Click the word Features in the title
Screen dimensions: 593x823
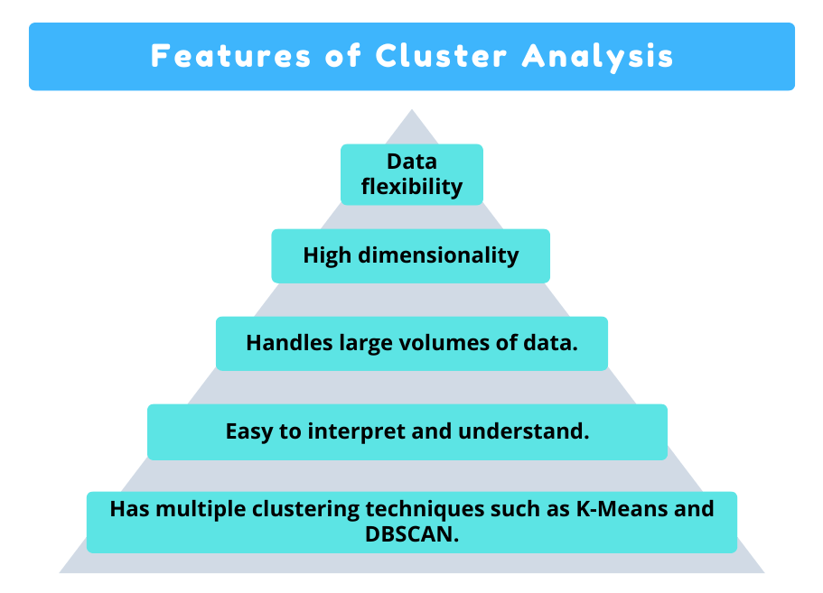click(x=229, y=56)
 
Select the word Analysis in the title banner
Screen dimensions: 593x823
click(x=598, y=56)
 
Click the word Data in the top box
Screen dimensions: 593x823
click(x=412, y=162)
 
